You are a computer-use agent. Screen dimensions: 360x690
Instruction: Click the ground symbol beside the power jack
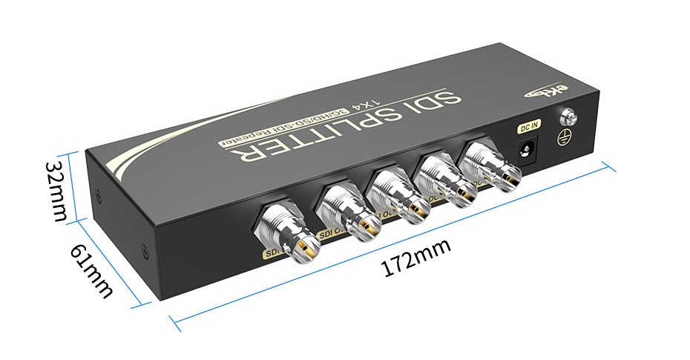point(565,137)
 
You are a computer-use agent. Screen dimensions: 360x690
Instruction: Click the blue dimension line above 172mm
point(393,245)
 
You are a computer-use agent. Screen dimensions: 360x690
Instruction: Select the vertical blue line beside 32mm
point(75,189)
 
